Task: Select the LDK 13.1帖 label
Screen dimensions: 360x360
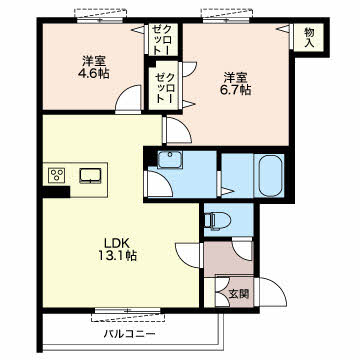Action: (x=117, y=249)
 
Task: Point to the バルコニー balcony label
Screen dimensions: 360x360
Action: (x=129, y=333)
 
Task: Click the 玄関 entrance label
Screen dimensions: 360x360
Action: (x=239, y=294)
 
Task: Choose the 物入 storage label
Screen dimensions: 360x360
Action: (x=309, y=37)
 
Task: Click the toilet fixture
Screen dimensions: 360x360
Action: (x=218, y=220)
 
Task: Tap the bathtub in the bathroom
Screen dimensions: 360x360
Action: (x=271, y=174)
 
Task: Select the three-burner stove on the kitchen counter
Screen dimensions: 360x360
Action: (x=57, y=175)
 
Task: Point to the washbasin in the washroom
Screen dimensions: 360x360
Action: (x=170, y=158)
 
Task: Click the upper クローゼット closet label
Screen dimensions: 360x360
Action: (x=162, y=40)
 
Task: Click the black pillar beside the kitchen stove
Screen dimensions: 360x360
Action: (x=56, y=192)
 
